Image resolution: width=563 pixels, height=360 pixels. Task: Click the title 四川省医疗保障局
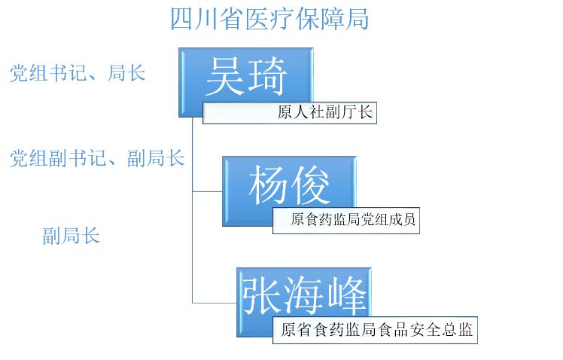tap(269, 19)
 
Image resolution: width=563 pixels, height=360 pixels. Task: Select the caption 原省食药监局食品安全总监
tap(377, 329)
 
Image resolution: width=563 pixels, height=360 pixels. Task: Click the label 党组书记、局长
tap(77, 73)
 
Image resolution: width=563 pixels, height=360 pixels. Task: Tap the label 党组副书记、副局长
tap(96, 158)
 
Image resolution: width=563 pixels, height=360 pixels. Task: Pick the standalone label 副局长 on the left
tap(71, 236)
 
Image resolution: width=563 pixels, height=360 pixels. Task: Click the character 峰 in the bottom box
tap(347, 294)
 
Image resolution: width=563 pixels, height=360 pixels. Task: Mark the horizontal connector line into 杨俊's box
tap(207, 191)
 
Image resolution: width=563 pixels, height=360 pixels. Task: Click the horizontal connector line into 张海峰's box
tap(215, 303)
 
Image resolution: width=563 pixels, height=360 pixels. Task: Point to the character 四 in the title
tap(181, 19)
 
